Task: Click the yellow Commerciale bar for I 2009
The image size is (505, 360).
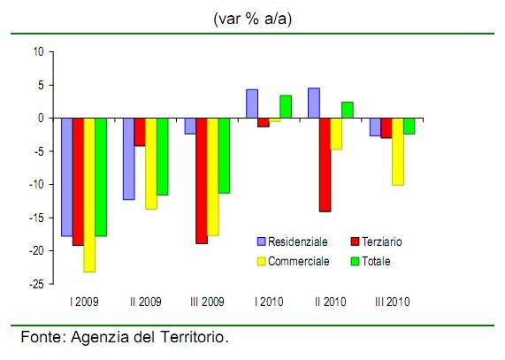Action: [89, 195]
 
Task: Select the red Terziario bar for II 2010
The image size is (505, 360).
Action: [325, 165]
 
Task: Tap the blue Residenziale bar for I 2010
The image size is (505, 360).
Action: [252, 103]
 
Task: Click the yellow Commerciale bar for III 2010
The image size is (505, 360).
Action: [398, 151]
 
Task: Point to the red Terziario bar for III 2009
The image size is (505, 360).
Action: [203, 180]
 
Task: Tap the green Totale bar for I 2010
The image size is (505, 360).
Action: [286, 106]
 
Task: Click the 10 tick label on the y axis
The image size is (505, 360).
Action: [37, 51]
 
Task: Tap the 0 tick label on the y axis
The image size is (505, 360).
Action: [40, 118]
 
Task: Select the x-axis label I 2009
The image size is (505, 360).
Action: [84, 303]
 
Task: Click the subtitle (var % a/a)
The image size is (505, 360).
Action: [251, 17]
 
